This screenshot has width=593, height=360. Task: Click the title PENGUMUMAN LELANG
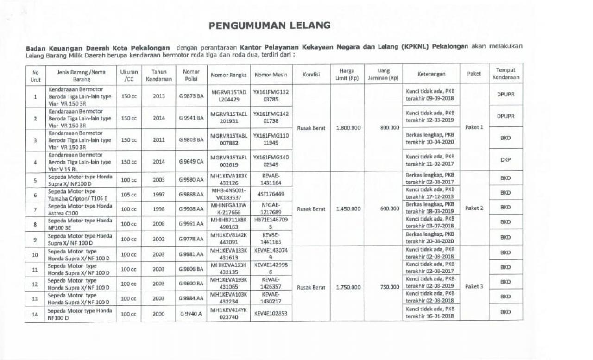(270, 25)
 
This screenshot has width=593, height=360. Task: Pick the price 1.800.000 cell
(348, 128)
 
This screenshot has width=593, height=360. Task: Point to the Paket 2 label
(474, 208)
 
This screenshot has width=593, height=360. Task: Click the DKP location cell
(505, 159)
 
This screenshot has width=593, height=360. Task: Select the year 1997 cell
(158, 194)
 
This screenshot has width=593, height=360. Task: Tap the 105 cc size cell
(129, 194)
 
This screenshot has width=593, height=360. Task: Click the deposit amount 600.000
(389, 209)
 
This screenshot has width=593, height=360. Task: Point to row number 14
(35, 314)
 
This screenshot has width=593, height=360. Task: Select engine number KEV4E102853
(271, 314)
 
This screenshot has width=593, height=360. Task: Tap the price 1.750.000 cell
(348, 287)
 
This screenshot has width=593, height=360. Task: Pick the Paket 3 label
(474, 286)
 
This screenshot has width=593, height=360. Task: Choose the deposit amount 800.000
(390, 128)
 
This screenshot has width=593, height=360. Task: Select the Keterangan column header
(431, 74)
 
